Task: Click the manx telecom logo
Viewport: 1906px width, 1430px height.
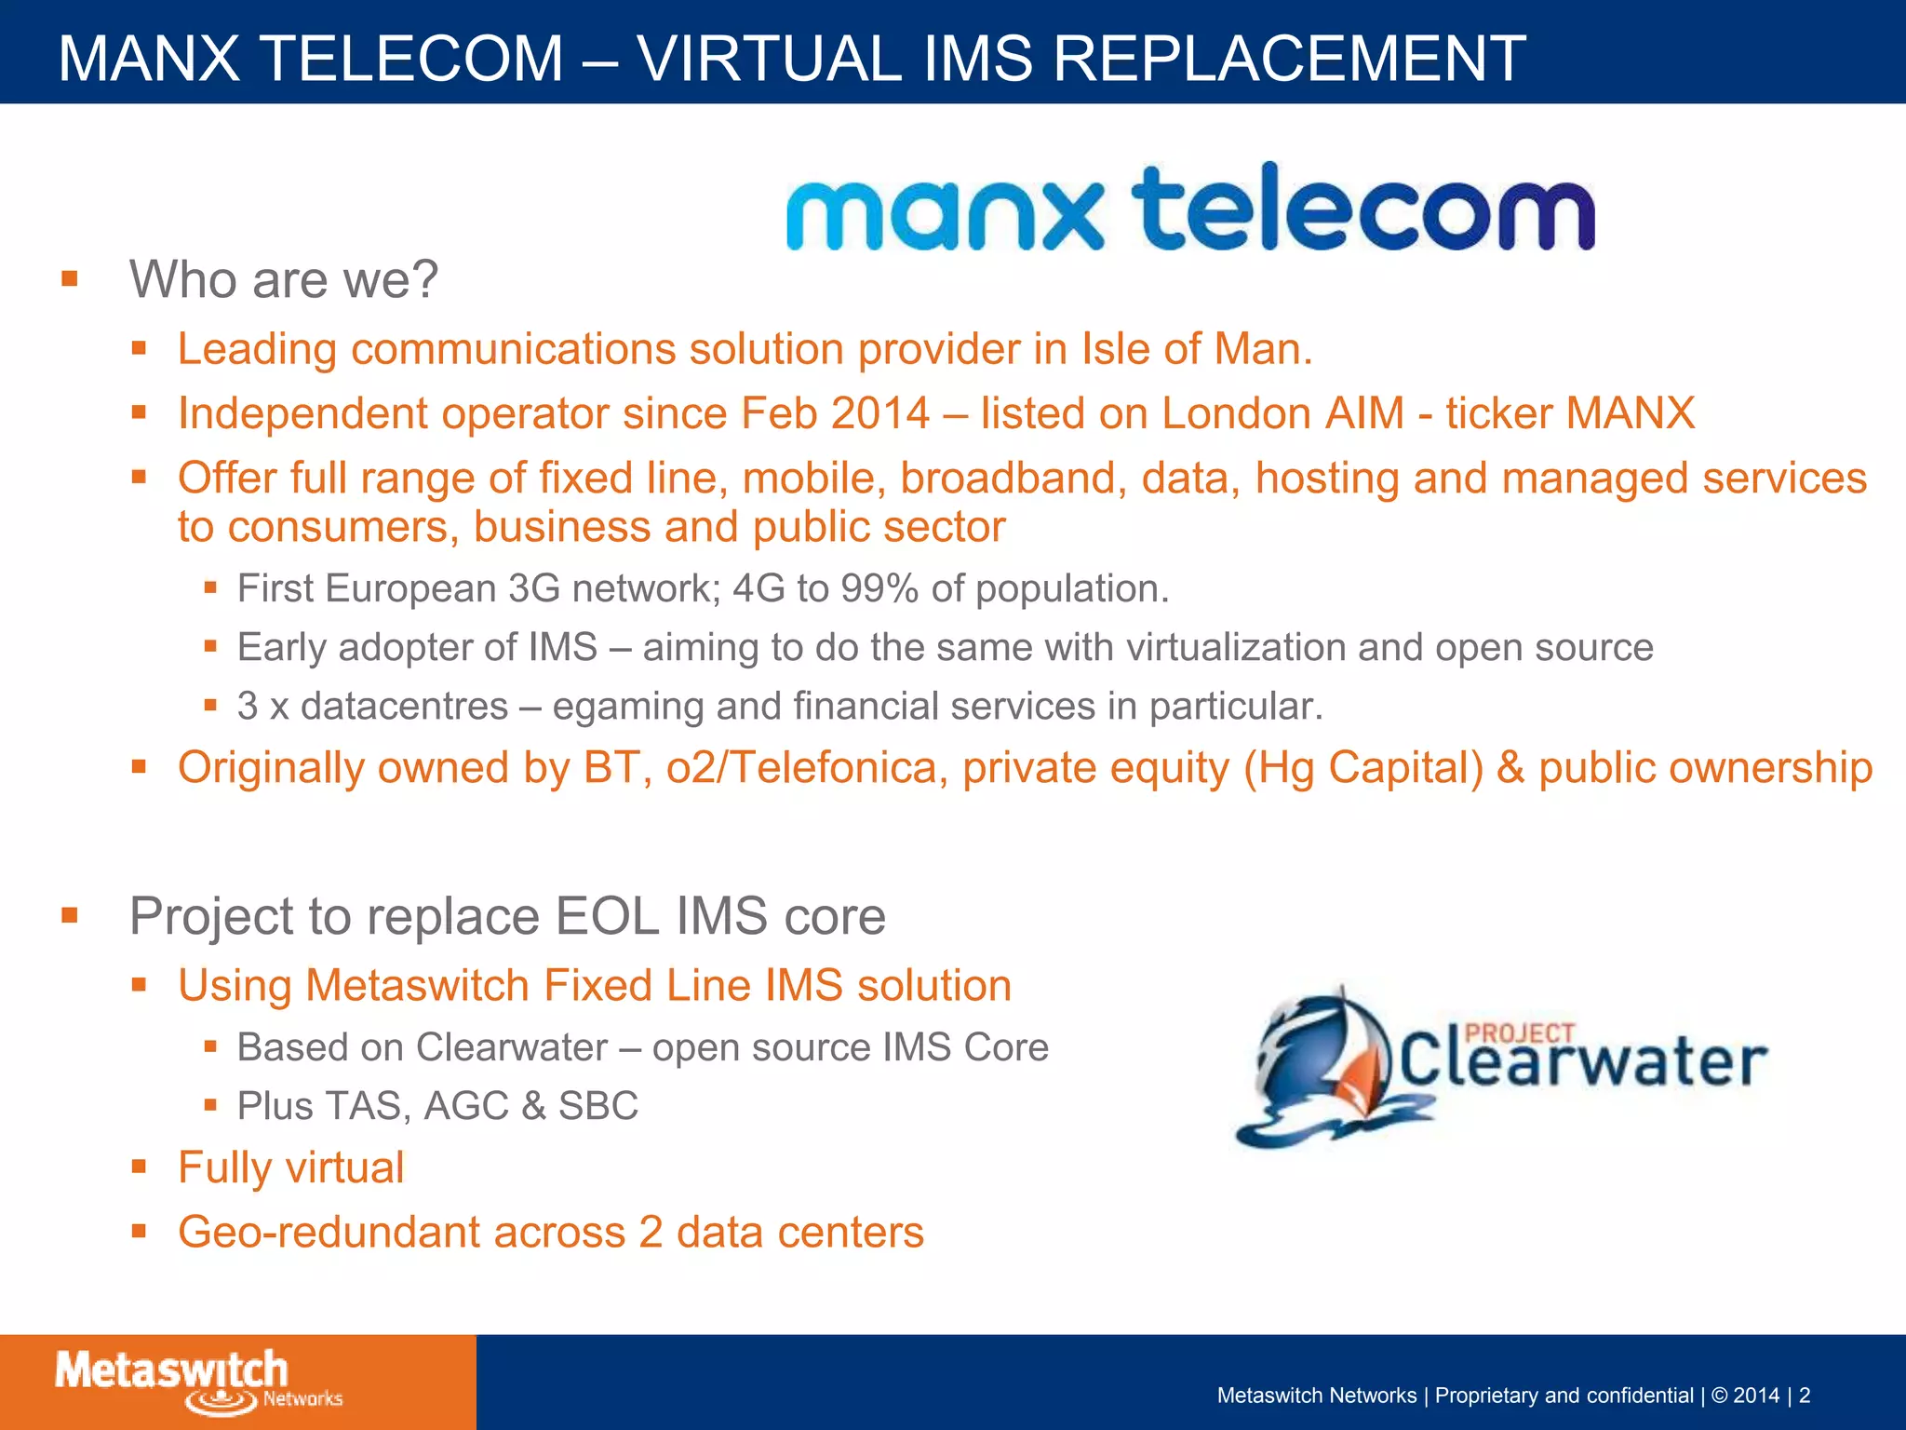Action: [1189, 209]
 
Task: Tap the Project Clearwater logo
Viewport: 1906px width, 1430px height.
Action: [1500, 1067]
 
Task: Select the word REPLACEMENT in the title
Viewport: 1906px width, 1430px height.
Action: [1290, 58]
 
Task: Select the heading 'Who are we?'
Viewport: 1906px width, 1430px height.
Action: [283, 279]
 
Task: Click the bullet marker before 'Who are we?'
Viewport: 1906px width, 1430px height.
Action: [70, 278]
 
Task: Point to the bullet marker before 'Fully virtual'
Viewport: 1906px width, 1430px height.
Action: [140, 1167]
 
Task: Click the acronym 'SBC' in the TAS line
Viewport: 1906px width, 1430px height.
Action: [598, 1106]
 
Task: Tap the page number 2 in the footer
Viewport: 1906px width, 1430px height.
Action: [1805, 1396]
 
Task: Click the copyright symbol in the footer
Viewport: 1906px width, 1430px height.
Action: [1719, 1396]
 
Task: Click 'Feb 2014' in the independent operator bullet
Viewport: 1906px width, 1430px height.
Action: [835, 413]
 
